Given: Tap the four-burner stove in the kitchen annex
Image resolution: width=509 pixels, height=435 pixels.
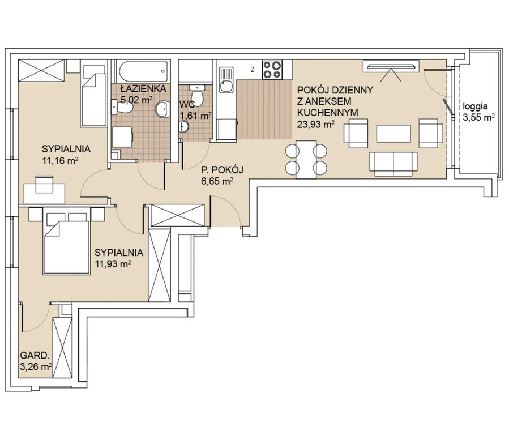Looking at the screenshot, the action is point(272,70).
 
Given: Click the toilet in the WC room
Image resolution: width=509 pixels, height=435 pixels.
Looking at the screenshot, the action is point(197,96).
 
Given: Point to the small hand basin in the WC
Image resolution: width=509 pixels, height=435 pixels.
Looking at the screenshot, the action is point(184,126).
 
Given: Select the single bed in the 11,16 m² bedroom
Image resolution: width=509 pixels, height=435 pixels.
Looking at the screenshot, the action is point(93,95).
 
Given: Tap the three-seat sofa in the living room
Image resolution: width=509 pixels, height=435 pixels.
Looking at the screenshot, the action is point(393,164).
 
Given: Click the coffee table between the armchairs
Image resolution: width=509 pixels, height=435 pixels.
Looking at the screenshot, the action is point(393,134).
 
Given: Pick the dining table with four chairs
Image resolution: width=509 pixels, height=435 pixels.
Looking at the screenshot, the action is point(306,159).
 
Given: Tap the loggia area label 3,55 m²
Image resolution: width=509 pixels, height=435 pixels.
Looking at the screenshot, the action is point(478,117).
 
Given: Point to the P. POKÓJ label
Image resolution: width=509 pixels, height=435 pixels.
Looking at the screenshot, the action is point(222,170).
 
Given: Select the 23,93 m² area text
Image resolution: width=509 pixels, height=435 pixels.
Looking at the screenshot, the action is point(316,124).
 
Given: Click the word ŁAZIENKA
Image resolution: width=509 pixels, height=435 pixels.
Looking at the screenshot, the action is point(143,88).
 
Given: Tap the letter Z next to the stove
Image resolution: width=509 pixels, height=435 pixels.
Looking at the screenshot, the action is point(252,69).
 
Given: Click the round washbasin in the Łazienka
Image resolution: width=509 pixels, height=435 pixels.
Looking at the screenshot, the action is point(162,109).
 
